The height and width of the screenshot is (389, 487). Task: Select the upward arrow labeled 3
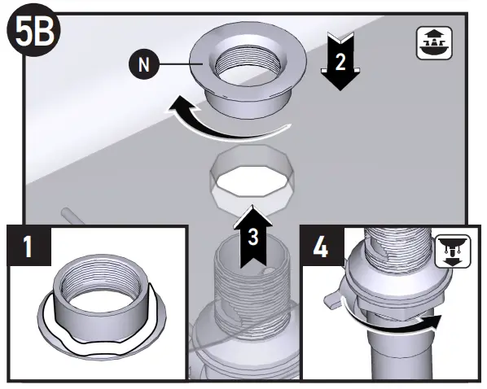pos(254,236)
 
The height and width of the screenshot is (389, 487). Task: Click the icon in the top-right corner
pos(435,42)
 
